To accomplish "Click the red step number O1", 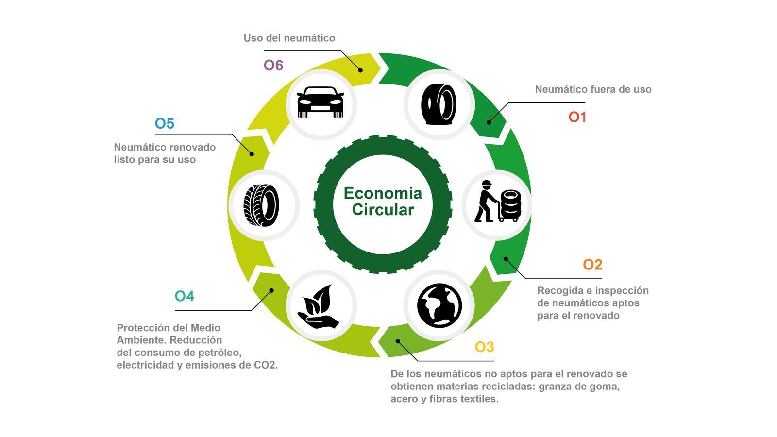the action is tap(577, 117).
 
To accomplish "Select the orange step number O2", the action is tap(592, 265).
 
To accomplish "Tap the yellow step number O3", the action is tap(484, 347).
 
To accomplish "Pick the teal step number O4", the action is tap(184, 296).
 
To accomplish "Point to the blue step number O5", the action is tap(165, 123).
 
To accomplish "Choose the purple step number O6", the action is tap(273, 65).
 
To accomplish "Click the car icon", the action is tap(321, 102).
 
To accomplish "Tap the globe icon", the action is tap(439, 305).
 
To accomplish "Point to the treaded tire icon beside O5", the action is tap(261, 205).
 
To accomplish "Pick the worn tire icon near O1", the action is tap(439, 104).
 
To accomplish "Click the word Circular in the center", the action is tap(383, 210).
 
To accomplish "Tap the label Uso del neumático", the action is tap(289, 38).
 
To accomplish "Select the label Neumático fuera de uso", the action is tap(593, 89).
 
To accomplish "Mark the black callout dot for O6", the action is tap(360, 70).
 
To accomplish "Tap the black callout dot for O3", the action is tap(398, 342).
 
